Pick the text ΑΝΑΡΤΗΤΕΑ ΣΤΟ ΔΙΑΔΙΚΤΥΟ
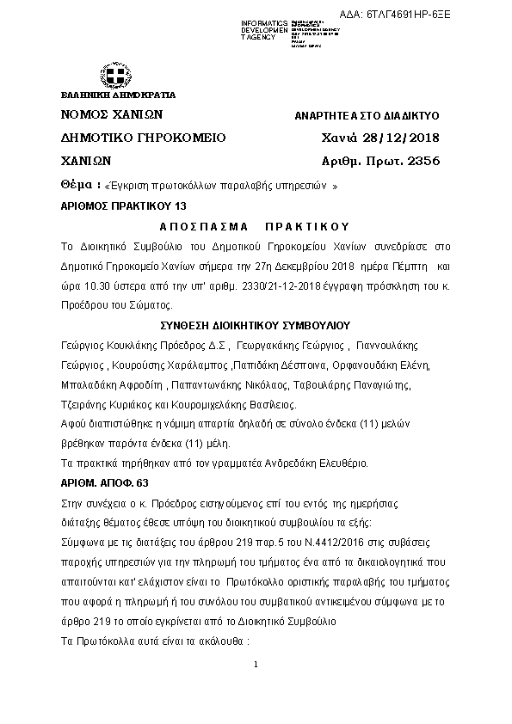(367, 115)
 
